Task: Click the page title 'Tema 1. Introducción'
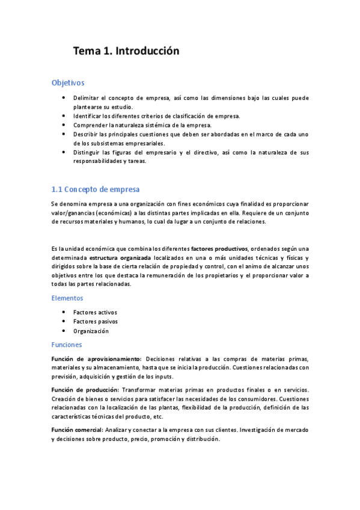[x=126, y=51]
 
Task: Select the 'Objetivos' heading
[x=68, y=82]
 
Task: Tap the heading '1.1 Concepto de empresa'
[x=96, y=189]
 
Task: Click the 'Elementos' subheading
[x=67, y=298]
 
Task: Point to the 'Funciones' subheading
[x=67, y=345]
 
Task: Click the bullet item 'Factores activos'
[x=95, y=312]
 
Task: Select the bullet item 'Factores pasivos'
[x=95, y=322]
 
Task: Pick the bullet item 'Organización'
[x=91, y=331]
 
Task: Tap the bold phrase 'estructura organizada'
[x=120, y=257]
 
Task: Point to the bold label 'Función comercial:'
[x=77, y=430]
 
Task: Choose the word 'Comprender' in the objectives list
[x=90, y=125]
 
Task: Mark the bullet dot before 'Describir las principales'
[x=64, y=134]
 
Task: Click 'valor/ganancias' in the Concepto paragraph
[x=73, y=212]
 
